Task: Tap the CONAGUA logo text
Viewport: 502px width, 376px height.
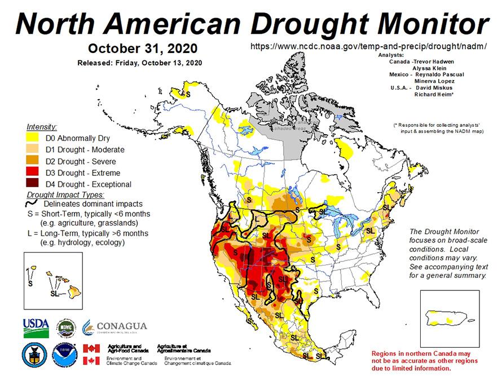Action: coord(121,326)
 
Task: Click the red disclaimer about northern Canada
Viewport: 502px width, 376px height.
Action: coord(425,360)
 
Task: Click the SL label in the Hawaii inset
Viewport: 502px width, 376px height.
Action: coord(55,293)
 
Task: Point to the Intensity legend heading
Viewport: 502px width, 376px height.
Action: coord(42,127)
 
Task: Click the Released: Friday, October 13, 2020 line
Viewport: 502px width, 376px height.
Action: coord(139,63)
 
